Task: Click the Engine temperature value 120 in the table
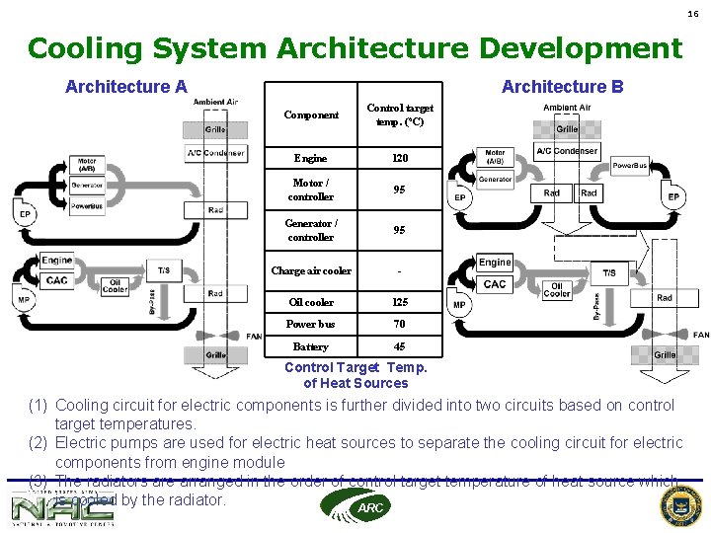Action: coord(399,158)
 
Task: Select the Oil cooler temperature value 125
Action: coord(399,302)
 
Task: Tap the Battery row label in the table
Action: coord(310,346)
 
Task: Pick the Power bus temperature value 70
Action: coord(399,324)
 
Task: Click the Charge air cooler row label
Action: coord(311,270)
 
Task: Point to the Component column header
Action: coord(311,114)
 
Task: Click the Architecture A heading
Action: coord(125,87)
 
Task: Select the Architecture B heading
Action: coord(562,87)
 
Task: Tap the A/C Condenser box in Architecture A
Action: coord(215,153)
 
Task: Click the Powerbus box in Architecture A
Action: coord(87,206)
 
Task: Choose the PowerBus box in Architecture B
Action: coord(629,166)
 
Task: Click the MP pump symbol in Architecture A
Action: coord(25,300)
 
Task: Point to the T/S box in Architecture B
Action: coord(609,273)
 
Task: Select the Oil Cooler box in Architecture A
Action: coord(115,285)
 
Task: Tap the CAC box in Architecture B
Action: coord(495,285)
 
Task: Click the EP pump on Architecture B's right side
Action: coord(673,197)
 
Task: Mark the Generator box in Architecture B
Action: coord(495,179)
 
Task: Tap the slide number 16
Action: coord(693,14)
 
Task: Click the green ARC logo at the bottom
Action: coord(355,505)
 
